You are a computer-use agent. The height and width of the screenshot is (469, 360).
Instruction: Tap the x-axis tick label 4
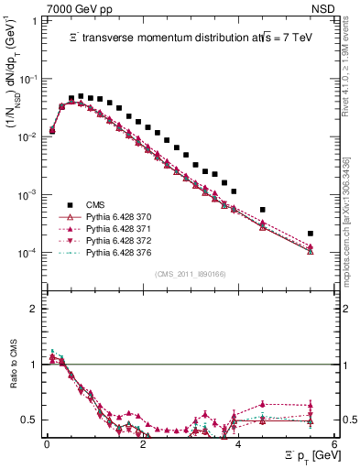click(x=238, y=445)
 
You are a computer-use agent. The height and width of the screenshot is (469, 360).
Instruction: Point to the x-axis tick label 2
click(x=142, y=445)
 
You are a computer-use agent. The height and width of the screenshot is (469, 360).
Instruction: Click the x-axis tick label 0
click(x=47, y=445)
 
